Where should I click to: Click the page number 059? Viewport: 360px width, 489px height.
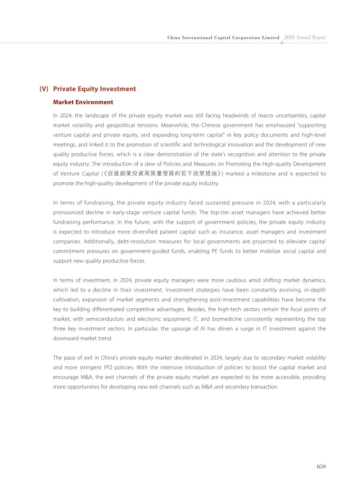pos(321,467)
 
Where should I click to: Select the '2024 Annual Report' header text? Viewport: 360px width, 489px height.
pos(305,38)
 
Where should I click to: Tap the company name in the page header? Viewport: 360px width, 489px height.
pos(223,38)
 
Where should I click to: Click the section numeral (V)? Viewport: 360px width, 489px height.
pos(44,89)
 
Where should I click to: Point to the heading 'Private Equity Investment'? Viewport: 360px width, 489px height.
pos(94,89)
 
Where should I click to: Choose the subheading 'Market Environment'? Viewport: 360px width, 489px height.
pos(83,102)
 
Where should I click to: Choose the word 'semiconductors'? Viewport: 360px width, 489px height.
pos(105,319)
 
